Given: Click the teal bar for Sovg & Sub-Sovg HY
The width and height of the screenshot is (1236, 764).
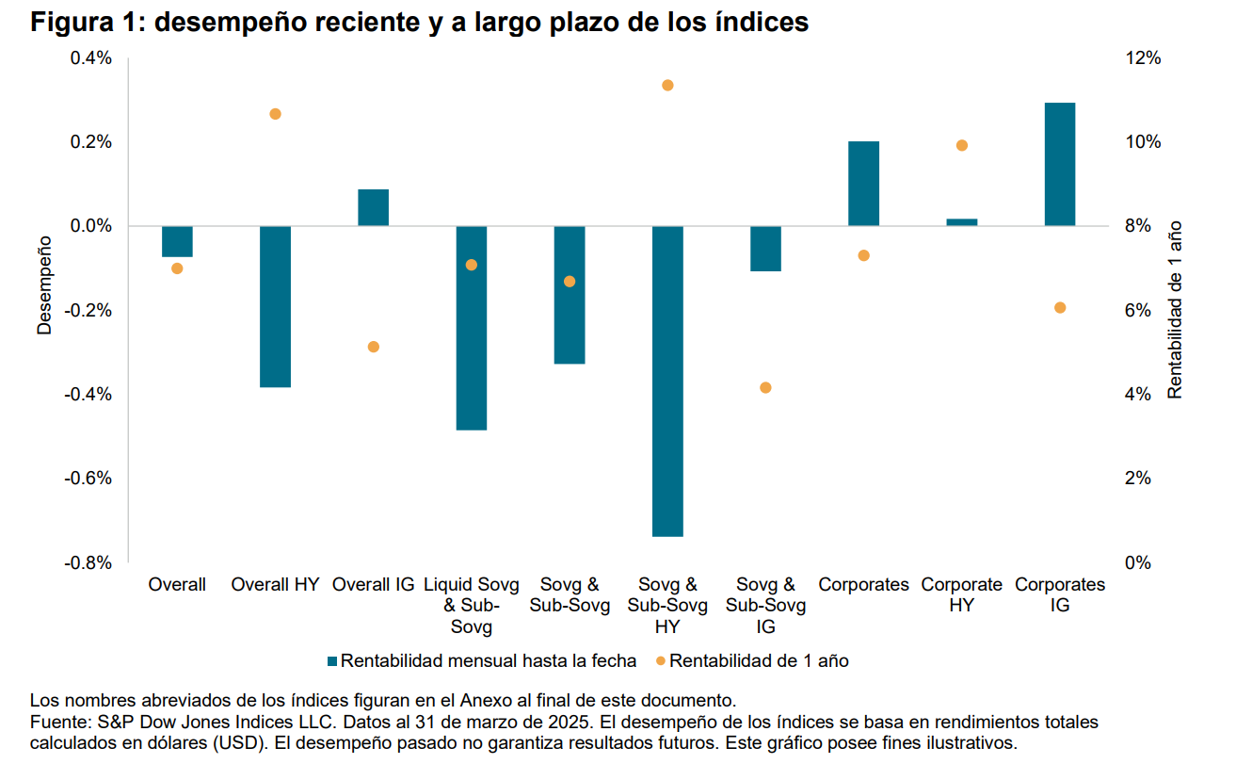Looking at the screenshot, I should coord(667,381).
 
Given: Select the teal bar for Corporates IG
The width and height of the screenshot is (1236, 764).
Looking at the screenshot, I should coord(1059,164).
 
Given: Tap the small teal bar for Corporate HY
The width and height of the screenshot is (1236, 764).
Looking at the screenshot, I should coord(961,222).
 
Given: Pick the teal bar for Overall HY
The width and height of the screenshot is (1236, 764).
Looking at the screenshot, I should coord(275,306).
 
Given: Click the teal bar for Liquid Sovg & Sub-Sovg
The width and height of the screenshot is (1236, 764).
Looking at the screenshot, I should coord(471,328).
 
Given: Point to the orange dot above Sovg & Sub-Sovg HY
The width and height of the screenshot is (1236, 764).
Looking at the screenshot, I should coord(667,86).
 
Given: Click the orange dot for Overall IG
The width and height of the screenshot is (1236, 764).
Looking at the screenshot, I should coord(373,347).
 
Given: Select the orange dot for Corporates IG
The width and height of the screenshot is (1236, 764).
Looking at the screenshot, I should coord(1059,308).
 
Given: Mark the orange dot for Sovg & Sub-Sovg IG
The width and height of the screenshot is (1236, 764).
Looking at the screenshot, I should coord(765,388).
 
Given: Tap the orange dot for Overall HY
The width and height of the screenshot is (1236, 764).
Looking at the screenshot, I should coord(275,114).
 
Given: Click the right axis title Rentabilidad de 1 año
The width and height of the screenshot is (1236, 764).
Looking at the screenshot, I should coord(1174,310).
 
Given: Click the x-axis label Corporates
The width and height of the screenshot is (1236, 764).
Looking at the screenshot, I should coord(863,585).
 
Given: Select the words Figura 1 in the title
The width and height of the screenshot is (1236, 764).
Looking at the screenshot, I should coord(85,23).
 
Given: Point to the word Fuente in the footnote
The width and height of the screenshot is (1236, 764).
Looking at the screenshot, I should coord(57,723).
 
